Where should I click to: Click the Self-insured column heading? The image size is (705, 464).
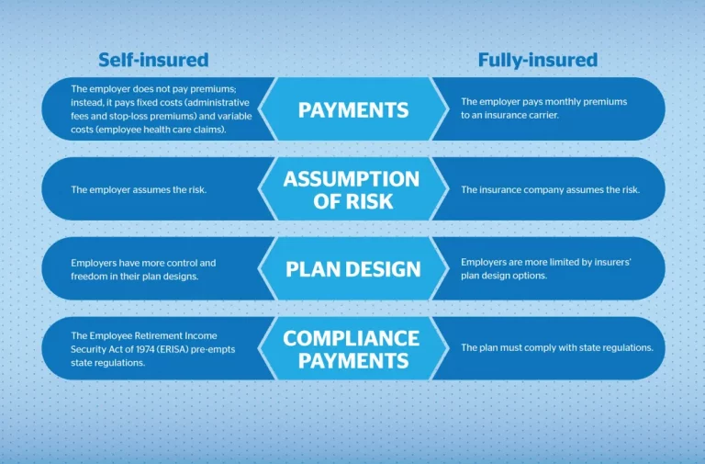click(x=153, y=60)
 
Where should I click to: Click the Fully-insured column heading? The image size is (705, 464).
click(x=538, y=61)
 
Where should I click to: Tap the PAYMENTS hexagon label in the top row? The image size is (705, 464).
click(x=353, y=110)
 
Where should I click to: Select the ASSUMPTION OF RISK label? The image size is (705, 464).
click(x=352, y=190)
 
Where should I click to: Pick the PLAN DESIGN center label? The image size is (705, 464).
click(x=353, y=269)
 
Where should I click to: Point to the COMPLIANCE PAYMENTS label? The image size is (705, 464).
click(x=352, y=349)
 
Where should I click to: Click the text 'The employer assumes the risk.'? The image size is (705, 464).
click(x=139, y=190)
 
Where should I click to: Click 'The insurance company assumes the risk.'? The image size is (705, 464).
click(x=551, y=190)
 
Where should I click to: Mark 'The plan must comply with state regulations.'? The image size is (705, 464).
click(x=557, y=348)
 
